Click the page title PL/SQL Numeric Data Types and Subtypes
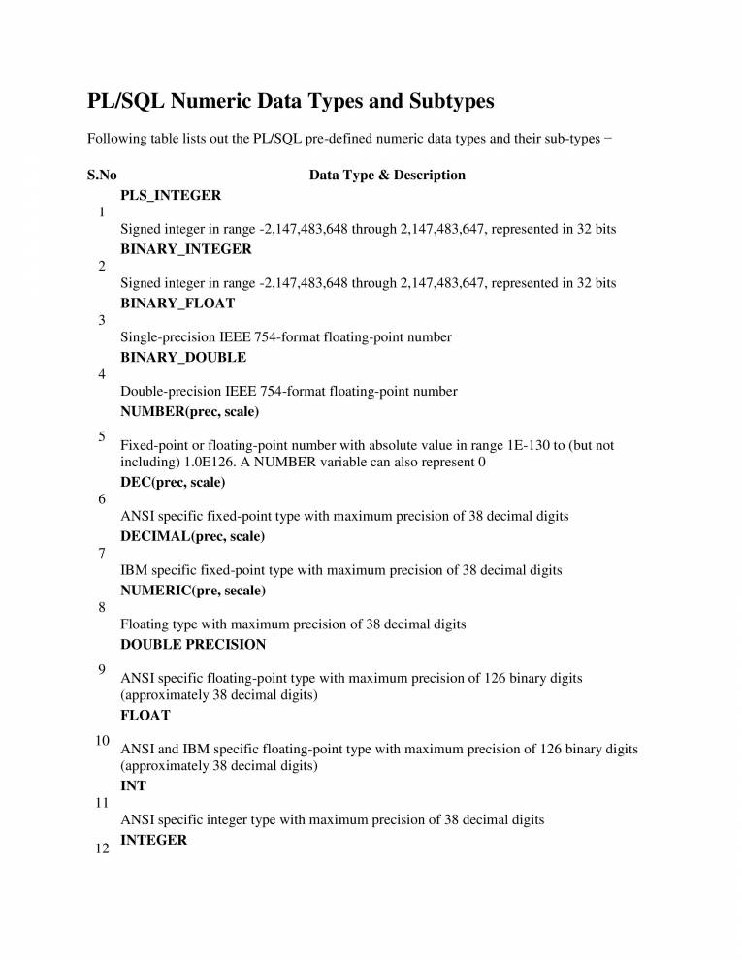pos(291,101)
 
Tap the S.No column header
pos(102,176)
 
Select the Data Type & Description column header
pos(387,176)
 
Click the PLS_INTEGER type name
pos(171,195)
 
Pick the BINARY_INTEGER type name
pos(186,249)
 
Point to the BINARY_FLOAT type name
pos(177,304)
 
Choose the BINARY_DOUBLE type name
pos(183,357)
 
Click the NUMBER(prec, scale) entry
pos(189,411)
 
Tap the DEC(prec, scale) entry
pos(173,482)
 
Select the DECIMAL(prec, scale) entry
pos(193,536)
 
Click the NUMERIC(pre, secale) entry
pos(193,590)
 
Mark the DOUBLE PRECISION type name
pos(192,644)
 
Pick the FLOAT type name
pos(145,715)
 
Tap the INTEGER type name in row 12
pos(154,840)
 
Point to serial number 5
pos(102,436)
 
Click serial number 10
pos(102,740)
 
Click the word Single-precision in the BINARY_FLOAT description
pos(165,337)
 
